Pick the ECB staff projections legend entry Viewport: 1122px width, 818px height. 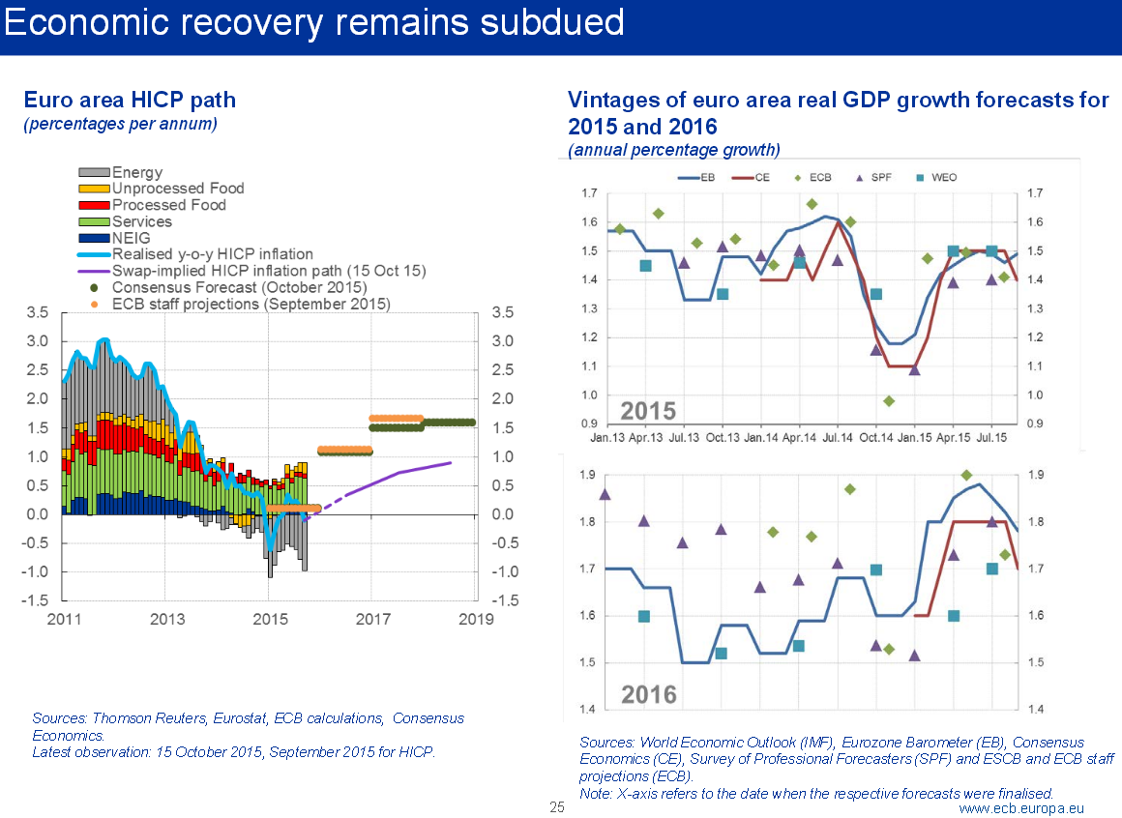tap(251, 304)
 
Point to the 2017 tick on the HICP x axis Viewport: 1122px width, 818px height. tap(371, 618)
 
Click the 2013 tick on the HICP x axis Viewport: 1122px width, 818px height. tap(167, 618)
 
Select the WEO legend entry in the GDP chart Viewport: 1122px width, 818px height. tap(942, 177)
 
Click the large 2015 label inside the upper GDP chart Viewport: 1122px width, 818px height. tap(647, 410)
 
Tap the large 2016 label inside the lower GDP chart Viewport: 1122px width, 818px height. tap(648, 694)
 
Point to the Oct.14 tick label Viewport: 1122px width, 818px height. tap(876, 438)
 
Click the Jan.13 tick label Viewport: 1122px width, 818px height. tap(606, 438)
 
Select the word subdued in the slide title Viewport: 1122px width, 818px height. tap(544, 22)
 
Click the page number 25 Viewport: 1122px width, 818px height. tap(557, 807)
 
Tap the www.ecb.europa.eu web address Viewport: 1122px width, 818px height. tap(1021, 807)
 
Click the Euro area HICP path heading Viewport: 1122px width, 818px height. tap(129, 100)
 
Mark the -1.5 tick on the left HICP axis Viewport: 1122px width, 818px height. tap(37, 600)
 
